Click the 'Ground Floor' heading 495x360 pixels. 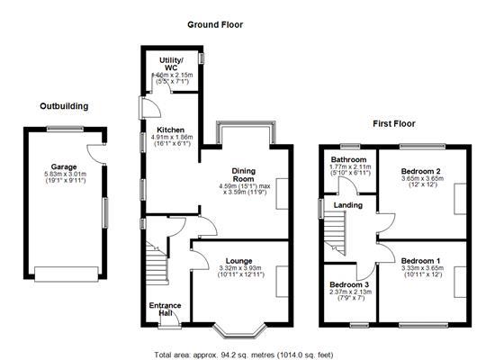point(217,24)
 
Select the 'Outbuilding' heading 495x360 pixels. point(64,106)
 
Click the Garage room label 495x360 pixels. point(62,166)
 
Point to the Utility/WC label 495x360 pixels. point(171,64)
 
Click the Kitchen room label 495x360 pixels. point(174,129)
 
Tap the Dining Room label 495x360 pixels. point(243,175)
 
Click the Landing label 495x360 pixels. point(348,205)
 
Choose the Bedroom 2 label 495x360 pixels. point(420,171)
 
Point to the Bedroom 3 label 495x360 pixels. point(348,283)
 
